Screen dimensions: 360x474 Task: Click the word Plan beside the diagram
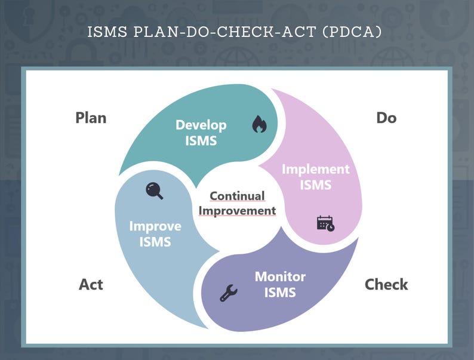pyautogui.click(x=91, y=118)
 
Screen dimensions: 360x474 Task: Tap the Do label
pyautogui.click(x=386, y=118)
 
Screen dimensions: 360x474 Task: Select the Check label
pyautogui.click(x=386, y=284)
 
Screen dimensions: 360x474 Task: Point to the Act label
pyautogui.click(x=91, y=284)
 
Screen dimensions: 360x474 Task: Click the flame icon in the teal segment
pyautogui.click(x=258, y=124)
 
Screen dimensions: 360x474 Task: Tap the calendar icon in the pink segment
pyautogui.click(x=325, y=223)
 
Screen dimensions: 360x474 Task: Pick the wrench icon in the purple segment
pyautogui.click(x=228, y=293)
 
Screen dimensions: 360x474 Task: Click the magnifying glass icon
pyautogui.click(x=155, y=191)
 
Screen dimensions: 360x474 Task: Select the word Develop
pyautogui.click(x=201, y=125)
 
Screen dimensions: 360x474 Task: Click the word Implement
pyautogui.click(x=315, y=169)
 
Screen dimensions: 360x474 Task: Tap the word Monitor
pyautogui.click(x=280, y=276)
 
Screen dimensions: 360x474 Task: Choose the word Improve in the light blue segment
pyautogui.click(x=155, y=226)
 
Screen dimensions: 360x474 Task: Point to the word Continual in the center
pyautogui.click(x=237, y=196)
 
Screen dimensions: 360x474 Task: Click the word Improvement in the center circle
pyautogui.click(x=237, y=210)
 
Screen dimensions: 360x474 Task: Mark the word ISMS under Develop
pyautogui.click(x=201, y=141)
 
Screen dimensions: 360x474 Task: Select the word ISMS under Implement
pyautogui.click(x=315, y=185)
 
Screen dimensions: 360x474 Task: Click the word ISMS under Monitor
pyautogui.click(x=280, y=293)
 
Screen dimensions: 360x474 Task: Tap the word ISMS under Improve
pyautogui.click(x=155, y=242)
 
